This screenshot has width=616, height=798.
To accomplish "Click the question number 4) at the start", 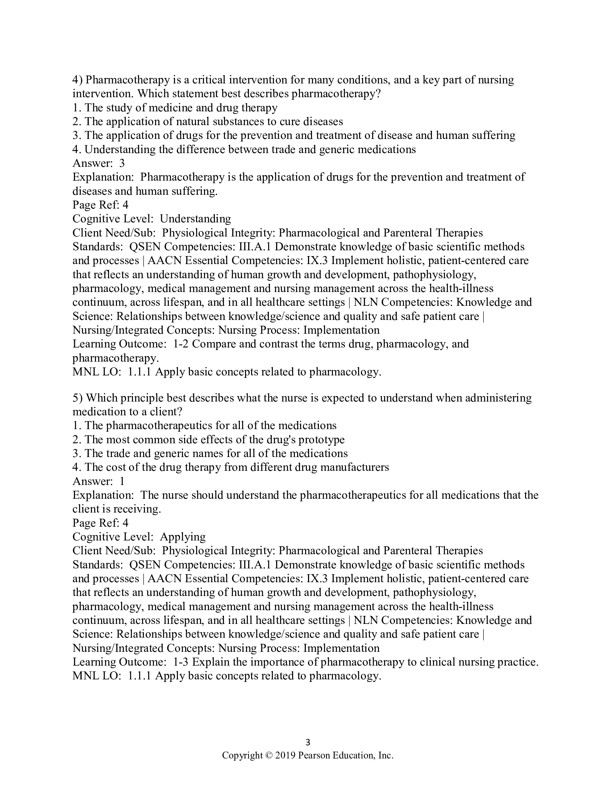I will pyautogui.click(x=78, y=80).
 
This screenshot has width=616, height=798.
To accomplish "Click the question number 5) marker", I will pyautogui.click(x=78, y=398).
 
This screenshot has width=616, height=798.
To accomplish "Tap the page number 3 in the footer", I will pyautogui.click(x=308, y=742).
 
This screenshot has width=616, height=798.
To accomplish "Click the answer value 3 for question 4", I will pyautogui.click(x=122, y=163).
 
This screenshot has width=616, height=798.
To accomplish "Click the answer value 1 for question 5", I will pyautogui.click(x=122, y=481).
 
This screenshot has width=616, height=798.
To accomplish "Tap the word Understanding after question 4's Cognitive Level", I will pyautogui.click(x=195, y=219).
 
